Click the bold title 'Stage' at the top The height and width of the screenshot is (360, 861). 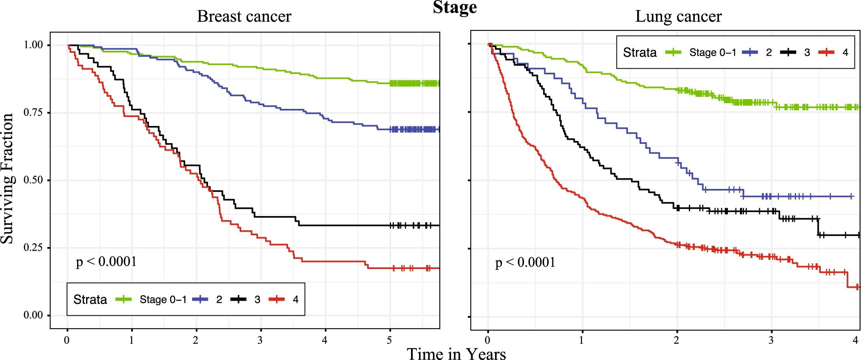[454, 7]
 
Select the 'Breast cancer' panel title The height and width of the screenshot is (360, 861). [244, 17]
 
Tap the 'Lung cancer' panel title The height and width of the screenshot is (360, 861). [678, 17]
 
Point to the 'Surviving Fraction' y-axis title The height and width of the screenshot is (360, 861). [7, 179]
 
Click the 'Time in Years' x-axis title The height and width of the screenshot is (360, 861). [456, 353]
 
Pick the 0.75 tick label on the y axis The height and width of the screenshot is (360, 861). [33, 113]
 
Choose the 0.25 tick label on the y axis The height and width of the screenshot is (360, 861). [33, 248]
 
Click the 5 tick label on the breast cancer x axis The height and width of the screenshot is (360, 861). [389, 340]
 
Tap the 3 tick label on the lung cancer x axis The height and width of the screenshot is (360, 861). [771, 340]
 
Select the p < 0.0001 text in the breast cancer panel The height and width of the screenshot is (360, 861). [106, 261]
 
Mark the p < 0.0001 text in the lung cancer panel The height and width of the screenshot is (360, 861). [525, 262]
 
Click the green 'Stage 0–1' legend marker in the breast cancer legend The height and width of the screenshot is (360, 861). [124, 299]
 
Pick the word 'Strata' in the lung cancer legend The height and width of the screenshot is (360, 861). [640, 52]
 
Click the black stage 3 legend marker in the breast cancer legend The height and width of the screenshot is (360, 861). [239, 299]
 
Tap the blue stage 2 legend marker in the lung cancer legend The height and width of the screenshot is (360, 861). [750, 52]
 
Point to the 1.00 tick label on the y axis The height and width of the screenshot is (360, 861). [33, 45]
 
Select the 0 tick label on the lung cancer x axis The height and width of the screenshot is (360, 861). [488, 340]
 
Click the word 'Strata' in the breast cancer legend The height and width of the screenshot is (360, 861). [90, 299]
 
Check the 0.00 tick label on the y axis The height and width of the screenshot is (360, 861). [33, 315]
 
